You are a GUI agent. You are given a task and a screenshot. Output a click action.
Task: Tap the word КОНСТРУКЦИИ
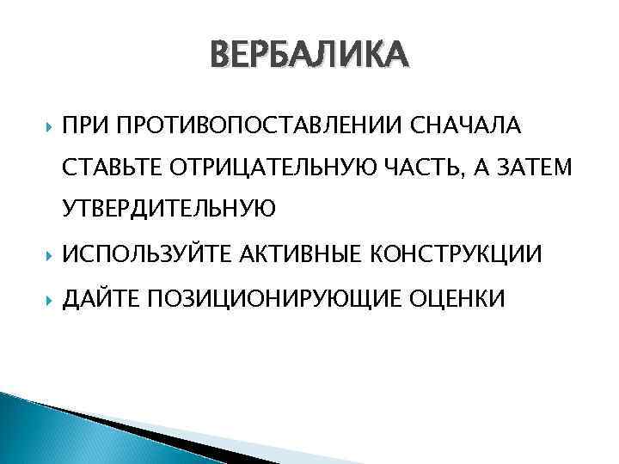pyautogui.click(x=456, y=254)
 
